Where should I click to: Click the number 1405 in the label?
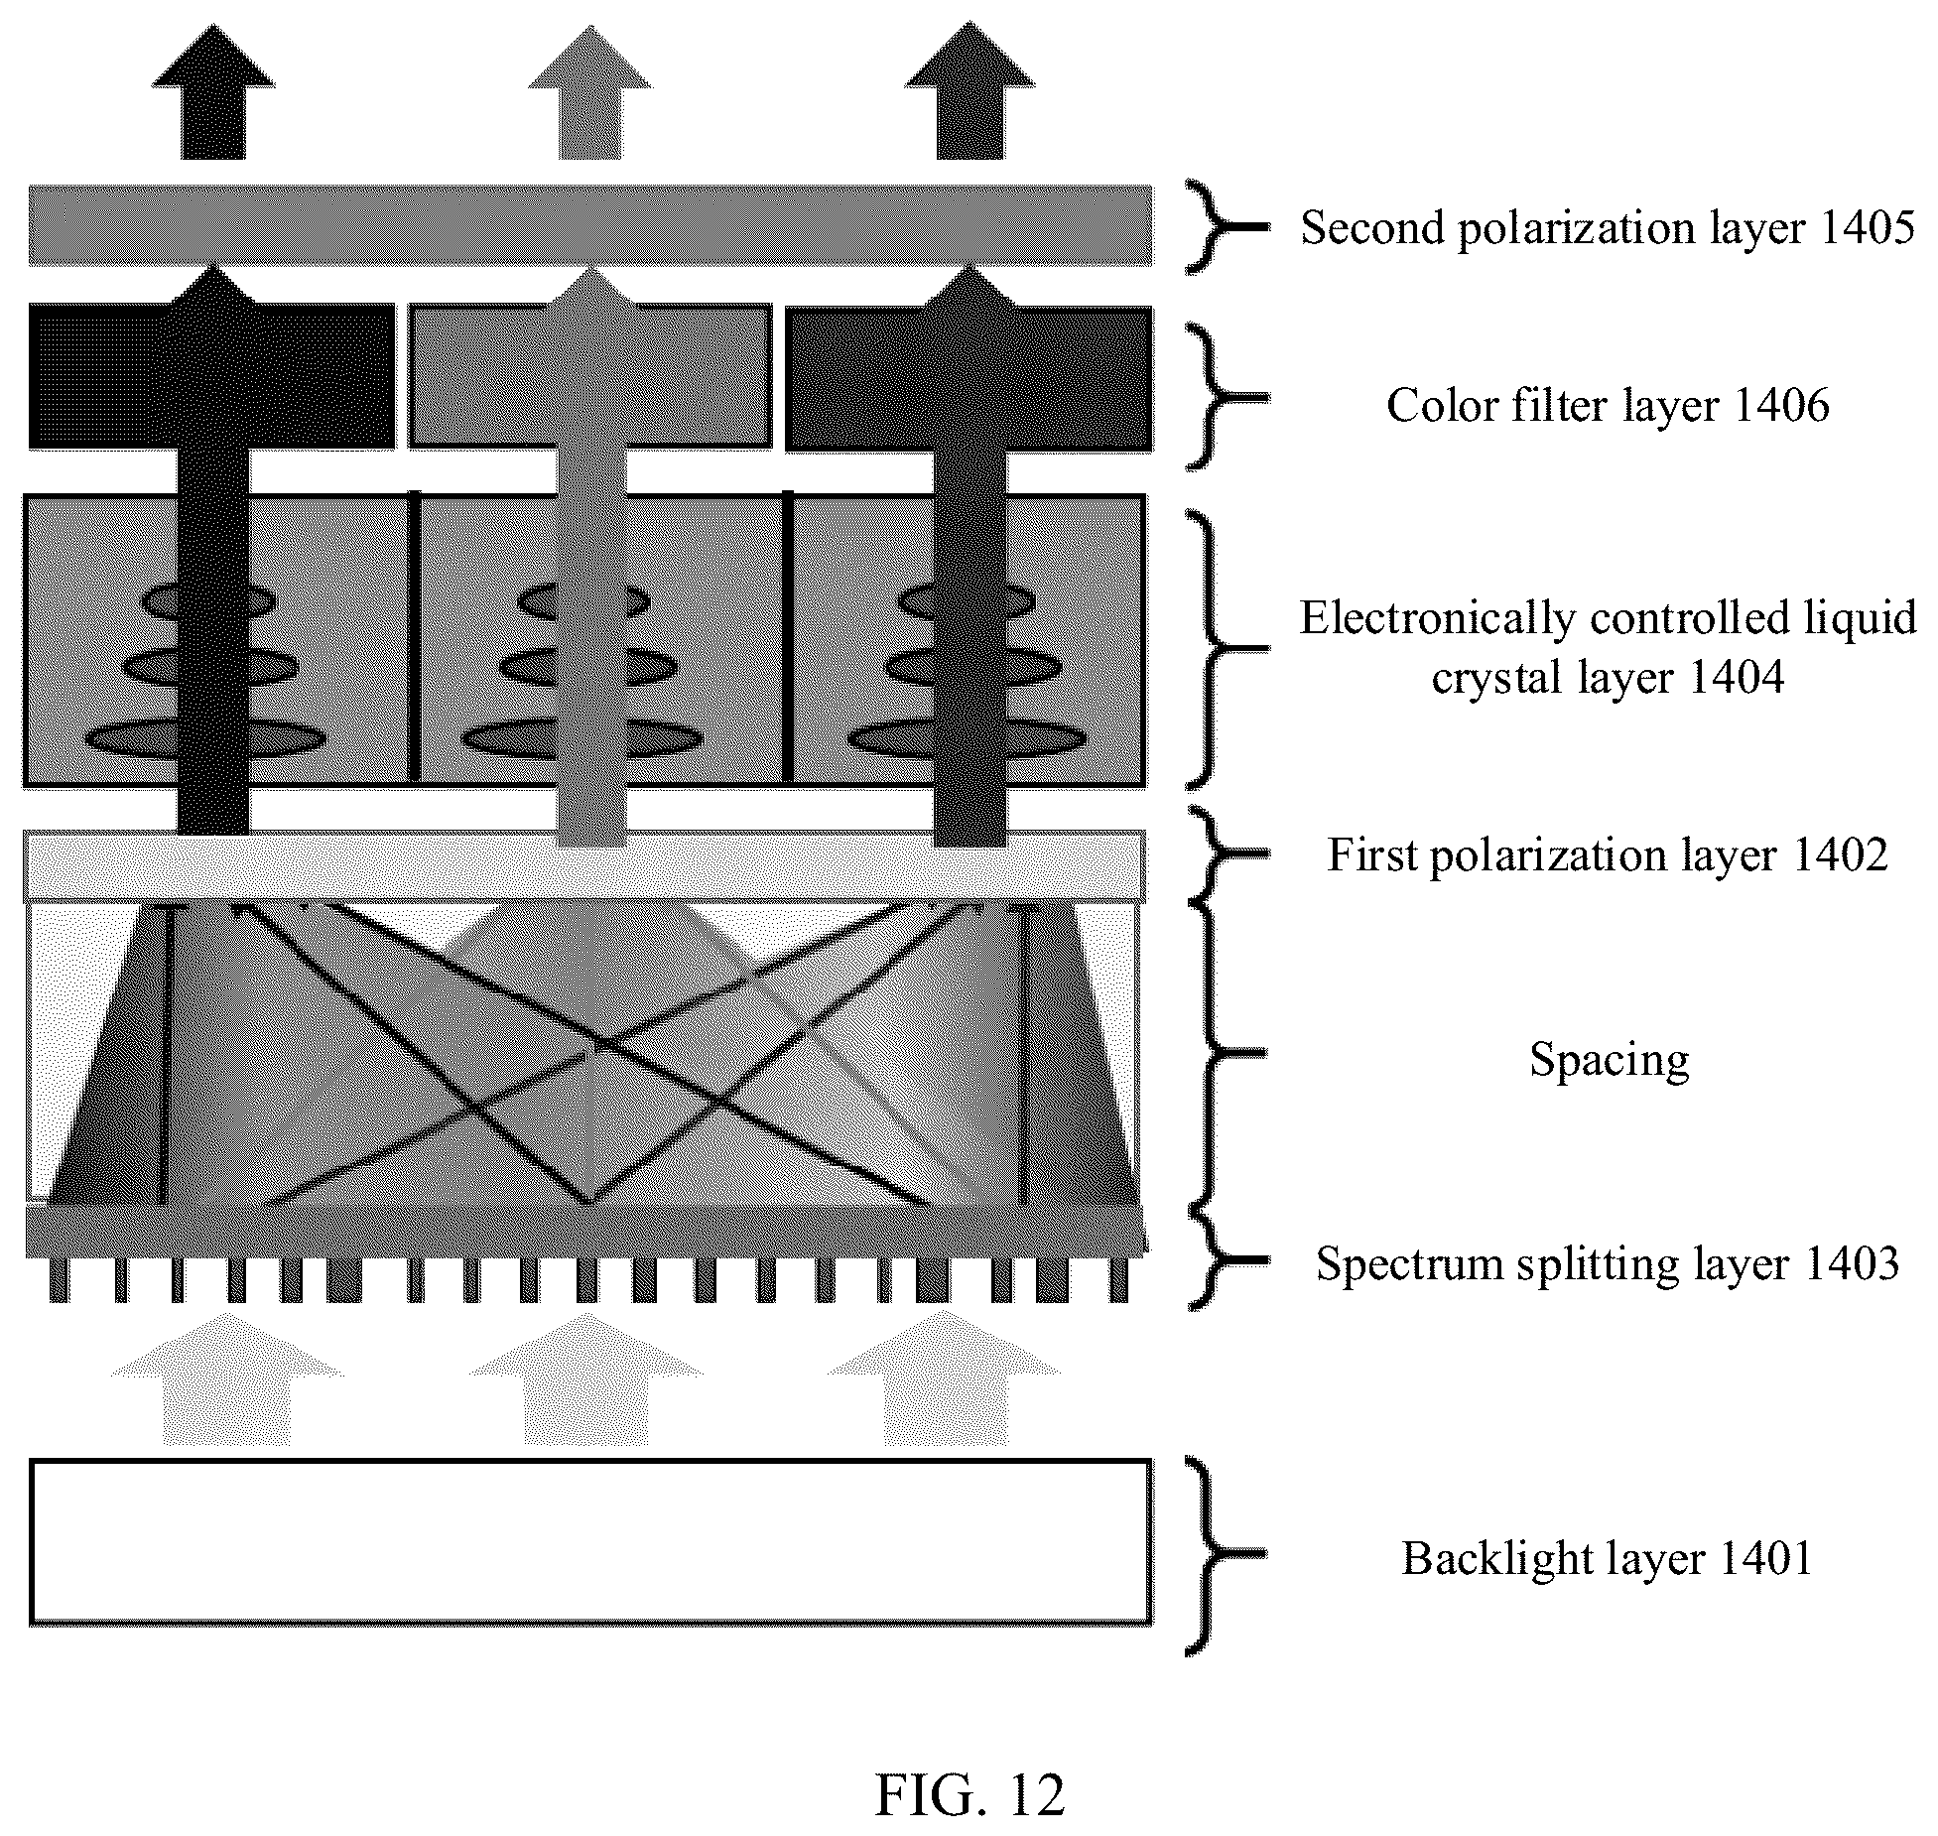[1866, 227]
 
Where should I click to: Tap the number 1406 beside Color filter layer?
[1782, 405]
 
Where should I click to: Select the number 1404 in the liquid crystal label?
[1736, 677]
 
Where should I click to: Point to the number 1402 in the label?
[1840, 854]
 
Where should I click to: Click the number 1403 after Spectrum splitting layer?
[1852, 1263]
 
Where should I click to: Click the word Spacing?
[1609, 1060]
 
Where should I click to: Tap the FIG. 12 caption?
[969, 1794]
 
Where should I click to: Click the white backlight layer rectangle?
[590, 1541]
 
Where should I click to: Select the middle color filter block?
[590, 376]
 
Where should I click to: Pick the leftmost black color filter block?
[211, 376]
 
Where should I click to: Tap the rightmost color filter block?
[969, 378]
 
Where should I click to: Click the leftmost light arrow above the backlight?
[228, 1378]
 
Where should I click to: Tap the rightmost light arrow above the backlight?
[945, 1378]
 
